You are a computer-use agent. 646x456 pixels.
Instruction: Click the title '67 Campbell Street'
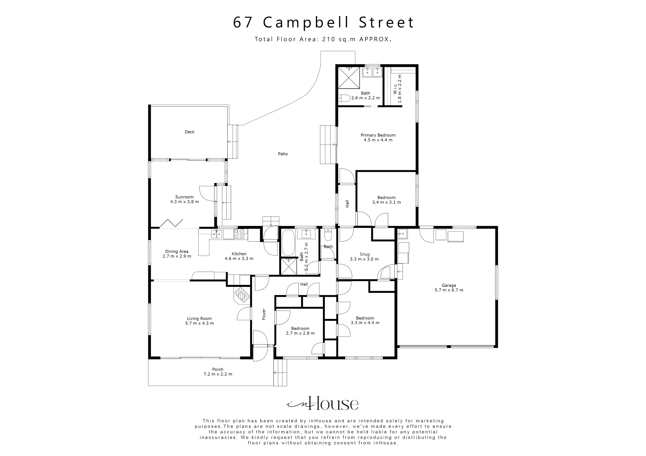point(323,23)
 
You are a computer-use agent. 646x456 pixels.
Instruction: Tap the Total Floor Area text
point(323,39)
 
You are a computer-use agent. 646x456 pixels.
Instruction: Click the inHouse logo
point(323,404)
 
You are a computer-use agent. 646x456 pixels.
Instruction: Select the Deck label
point(189,132)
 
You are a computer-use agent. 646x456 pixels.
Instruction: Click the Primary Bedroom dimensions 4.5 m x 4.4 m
point(378,140)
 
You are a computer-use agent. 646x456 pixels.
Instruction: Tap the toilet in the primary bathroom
point(344,98)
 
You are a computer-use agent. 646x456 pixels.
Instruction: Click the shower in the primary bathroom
point(349,78)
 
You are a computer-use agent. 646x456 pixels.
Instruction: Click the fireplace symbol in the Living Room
point(242,295)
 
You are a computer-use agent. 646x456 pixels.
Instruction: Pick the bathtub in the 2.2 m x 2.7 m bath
point(288,242)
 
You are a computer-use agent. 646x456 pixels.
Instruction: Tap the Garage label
point(449,285)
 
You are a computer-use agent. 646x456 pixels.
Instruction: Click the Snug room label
point(364,254)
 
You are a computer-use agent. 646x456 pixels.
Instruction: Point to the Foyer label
point(264,314)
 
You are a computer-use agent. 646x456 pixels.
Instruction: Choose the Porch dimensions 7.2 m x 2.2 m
point(218,374)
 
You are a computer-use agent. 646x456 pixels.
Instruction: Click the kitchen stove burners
point(239,234)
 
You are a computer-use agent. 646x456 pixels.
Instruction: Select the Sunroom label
point(184,197)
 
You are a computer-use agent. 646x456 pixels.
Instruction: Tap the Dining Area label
point(177,252)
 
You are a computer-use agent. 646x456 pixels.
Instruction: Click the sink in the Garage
point(403,234)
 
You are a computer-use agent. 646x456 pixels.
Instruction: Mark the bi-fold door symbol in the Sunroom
point(171,223)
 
